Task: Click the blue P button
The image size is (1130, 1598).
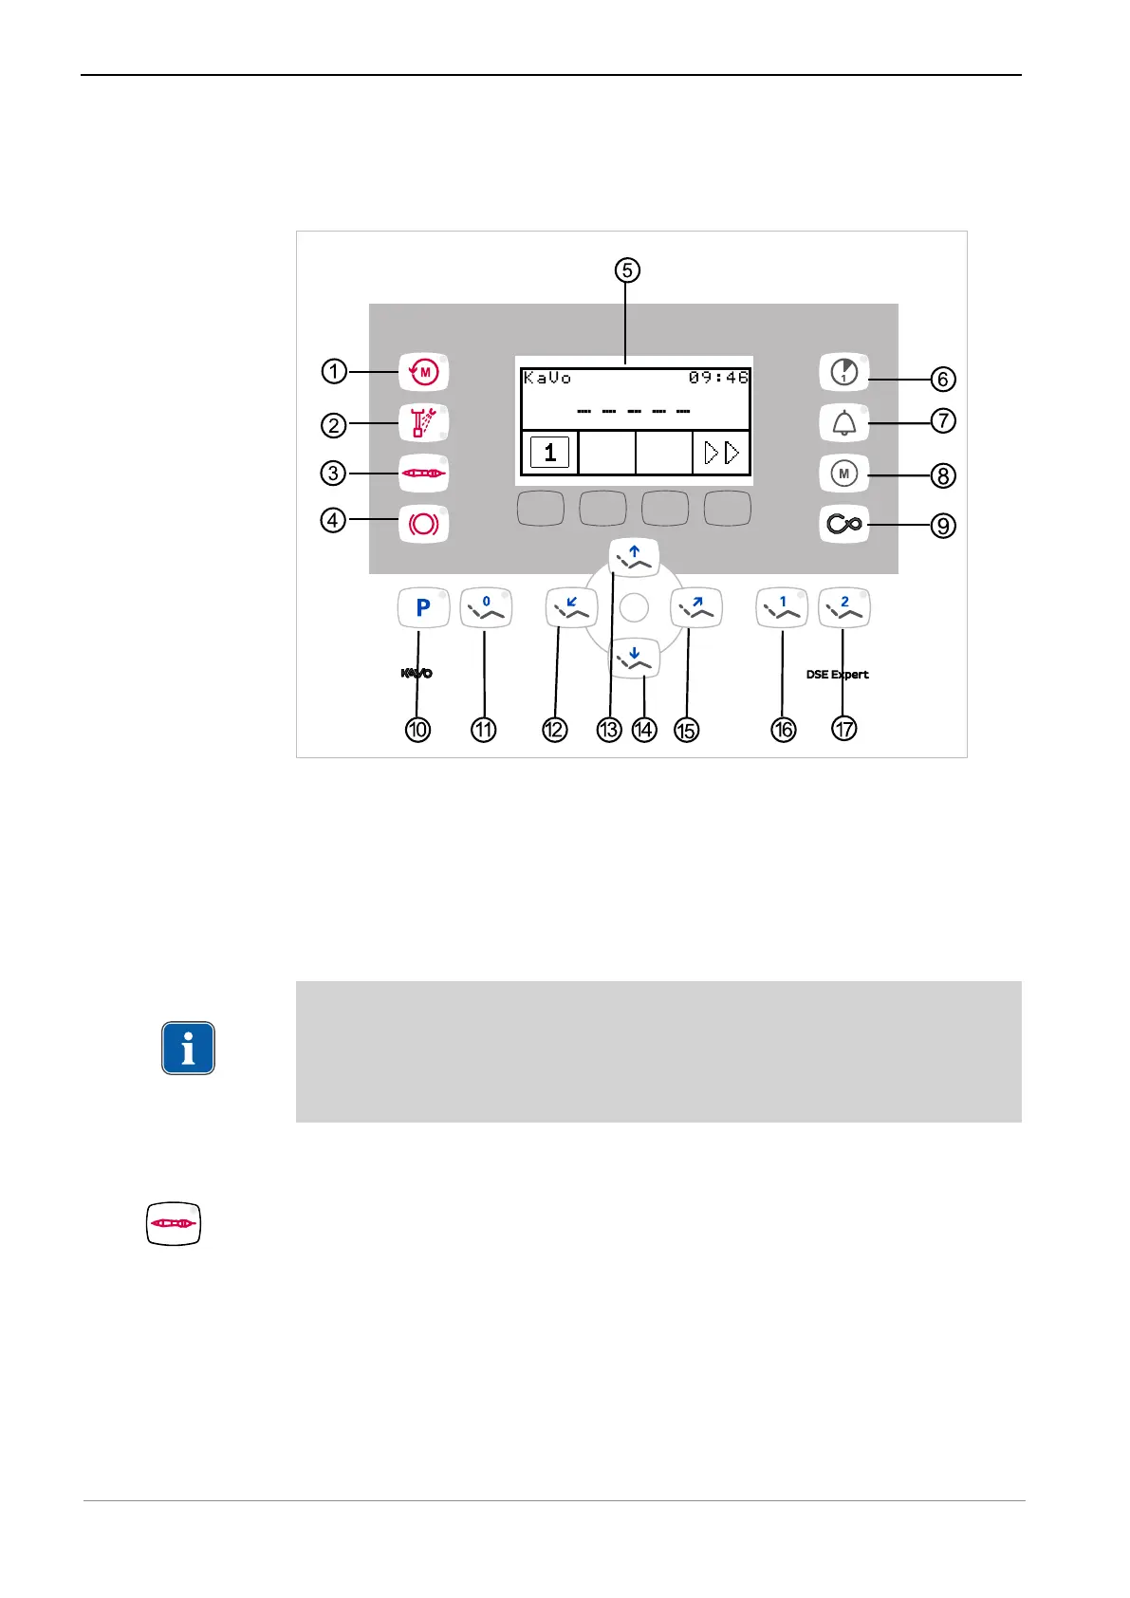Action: tap(423, 607)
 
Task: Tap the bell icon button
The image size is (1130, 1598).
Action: tap(843, 422)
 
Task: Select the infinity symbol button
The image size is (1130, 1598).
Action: tap(843, 524)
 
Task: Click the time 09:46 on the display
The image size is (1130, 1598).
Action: tap(718, 378)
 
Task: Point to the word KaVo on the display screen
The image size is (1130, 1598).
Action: tap(547, 378)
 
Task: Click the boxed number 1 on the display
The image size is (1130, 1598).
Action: tap(549, 453)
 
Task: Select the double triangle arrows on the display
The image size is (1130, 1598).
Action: tap(721, 453)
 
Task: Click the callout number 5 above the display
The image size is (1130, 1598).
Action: tap(626, 270)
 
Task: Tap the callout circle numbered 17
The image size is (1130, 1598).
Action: tap(843, 729)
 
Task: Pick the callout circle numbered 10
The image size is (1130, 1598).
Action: tap(417, 729)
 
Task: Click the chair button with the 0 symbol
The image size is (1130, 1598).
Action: tap(486, 607)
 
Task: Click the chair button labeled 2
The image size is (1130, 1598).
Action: tap(843, 607)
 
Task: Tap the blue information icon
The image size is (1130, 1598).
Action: tap(188, 1048)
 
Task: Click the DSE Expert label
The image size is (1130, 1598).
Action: tap(837, 675)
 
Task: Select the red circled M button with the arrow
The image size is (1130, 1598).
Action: tap(423, 372)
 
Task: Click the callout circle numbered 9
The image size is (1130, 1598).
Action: tap(942, 525)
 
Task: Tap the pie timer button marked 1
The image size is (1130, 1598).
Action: tap(843, 372)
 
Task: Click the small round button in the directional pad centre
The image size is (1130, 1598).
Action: tap(634, 607)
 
